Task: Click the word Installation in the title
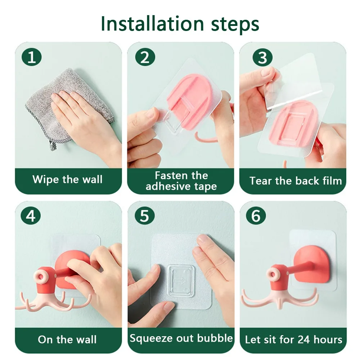pyautogui.click(x=152, y=23)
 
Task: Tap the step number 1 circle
pyautogui.click(x=31, y=57)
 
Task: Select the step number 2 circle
pyautogui.click(x=145, y=57)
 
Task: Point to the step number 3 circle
pyautogui.click(x=262, y=57)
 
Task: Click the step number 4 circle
pyautogui.click(x=31, y=216)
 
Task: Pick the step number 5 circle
pyautogui.click(x=144, y=216)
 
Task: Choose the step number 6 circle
pyautogui.click(x=256, y=216)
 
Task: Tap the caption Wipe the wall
pyautogui.click(x=68, y=179)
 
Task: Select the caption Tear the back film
pyautogui.click(x=296, y=181)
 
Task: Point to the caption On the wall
pyautogui.click(x=67, y=339)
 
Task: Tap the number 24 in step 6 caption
pyautogui.click(x=304, y=340)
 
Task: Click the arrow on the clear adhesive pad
pyautogui.click(x=180, y=281)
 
